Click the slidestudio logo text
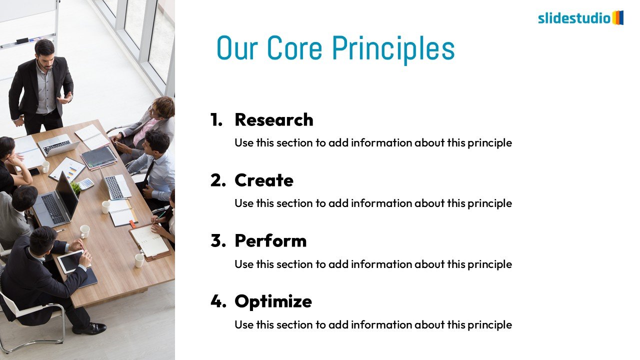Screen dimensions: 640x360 coord(574,18)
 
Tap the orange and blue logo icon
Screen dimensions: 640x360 coord(617,17)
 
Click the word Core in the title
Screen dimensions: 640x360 coord(294,47)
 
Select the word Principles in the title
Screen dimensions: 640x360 coord(393,49)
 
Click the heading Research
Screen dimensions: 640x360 coord(274,119)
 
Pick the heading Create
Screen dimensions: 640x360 coord(264,180)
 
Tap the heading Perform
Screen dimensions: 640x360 coord(270,241)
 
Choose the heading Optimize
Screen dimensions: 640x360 coord(273,301)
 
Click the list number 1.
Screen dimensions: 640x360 coord(216,119)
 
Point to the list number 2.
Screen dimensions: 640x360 coord(218,180)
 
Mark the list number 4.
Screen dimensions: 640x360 coord(218,301)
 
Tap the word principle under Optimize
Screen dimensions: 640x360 coord(489,325)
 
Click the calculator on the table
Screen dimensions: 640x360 coord(86,183)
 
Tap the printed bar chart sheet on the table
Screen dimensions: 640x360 coord(67,169)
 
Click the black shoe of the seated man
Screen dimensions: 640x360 coord(89,328)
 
